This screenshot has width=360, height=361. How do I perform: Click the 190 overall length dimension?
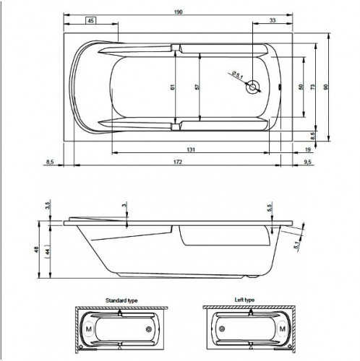[177, 12]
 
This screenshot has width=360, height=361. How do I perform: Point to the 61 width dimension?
[172, 87]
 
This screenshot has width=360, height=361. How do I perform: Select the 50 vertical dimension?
[301, 86]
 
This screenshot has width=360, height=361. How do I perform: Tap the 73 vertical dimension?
[313, 86]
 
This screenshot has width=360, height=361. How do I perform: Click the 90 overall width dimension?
[327, 86]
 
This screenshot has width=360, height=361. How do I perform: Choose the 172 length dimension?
[177, 164]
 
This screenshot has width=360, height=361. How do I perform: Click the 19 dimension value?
[308, 149]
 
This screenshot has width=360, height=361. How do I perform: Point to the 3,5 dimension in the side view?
[48, 206]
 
